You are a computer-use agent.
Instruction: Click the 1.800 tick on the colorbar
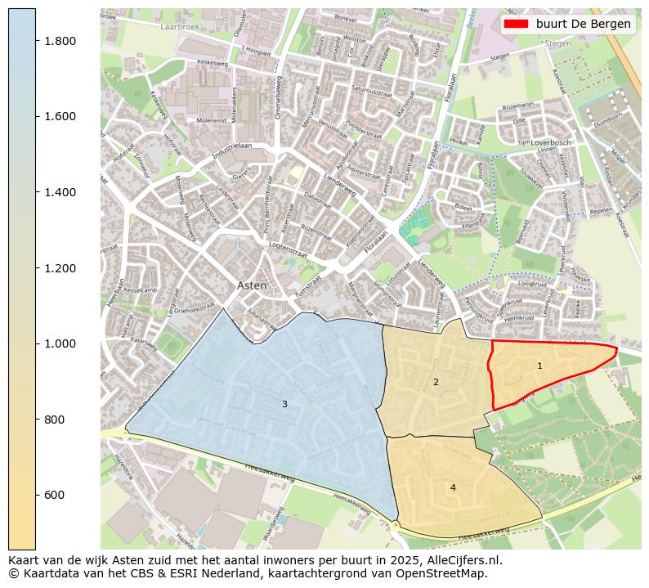[36, 41]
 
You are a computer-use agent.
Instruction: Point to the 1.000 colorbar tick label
[60, 343]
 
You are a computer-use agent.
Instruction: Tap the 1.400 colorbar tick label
[60, 192]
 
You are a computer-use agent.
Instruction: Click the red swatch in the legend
[517, 24]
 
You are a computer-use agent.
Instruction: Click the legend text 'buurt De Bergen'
[583, 24]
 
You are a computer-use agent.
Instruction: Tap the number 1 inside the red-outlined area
[539, 366]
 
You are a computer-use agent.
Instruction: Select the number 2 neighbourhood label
[436, 382]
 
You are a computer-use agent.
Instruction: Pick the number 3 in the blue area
[284, 404]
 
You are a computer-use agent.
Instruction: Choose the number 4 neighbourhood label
[453, 487]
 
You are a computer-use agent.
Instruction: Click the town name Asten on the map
[252, 285]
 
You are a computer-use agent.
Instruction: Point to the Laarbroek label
[158, 26]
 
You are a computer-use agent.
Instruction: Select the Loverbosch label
[551, 142]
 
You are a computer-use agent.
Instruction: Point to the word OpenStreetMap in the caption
[449, 573]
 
